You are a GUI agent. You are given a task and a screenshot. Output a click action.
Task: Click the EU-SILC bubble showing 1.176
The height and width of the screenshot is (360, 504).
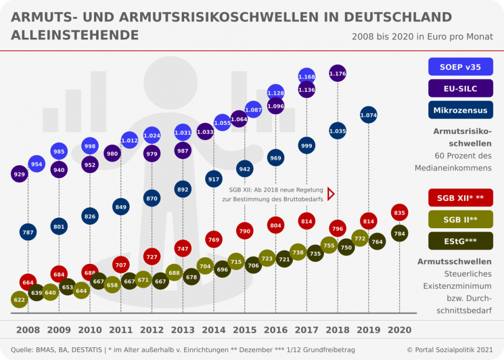[x=338, y=73]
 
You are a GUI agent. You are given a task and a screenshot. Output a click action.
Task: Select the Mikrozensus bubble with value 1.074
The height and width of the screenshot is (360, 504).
[x=369, y=115]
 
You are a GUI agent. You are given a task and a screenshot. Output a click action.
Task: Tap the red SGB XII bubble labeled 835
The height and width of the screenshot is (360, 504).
[x=400, y=213]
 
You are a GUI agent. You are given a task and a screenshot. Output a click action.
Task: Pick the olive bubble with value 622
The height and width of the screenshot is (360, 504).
[x=19, y=300]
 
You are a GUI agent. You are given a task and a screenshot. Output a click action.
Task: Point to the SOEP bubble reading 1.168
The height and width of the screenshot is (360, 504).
[x=307, y=77]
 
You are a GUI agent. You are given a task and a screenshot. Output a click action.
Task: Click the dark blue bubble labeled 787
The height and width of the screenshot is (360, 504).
[x=28, y=231]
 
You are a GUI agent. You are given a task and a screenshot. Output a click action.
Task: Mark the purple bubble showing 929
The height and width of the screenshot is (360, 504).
[x=19, y=174]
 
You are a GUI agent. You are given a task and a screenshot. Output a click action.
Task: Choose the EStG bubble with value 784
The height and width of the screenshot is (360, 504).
[x=400, y=234]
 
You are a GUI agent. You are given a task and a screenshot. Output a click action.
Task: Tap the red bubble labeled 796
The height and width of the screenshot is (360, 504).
[x=338, y=229]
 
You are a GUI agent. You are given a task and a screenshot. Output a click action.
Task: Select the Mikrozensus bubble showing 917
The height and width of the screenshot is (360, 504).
[x=214, y=179]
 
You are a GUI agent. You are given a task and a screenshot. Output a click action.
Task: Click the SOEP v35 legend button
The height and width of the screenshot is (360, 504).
[x=460, y=67]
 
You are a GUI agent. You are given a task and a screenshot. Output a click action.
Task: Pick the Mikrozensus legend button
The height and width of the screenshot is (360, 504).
[x=460, y=110]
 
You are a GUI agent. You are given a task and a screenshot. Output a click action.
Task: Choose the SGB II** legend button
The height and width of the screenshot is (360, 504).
[x=460, y=219]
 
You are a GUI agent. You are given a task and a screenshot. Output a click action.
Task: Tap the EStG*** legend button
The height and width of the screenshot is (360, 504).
[x=460, y=241]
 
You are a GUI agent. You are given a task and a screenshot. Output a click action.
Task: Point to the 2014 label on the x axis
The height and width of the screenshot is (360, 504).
[x=214, y=330]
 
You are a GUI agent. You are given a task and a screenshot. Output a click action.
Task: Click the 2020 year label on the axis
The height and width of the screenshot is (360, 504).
[x=400, y=330]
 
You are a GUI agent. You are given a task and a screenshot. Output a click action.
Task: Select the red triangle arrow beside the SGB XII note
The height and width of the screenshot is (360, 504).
[x=331, y=194]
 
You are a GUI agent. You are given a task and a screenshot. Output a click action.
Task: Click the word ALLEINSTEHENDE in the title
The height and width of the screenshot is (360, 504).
[x=75, y=35]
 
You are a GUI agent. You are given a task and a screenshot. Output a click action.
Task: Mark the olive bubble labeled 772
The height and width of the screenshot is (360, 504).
[x=360, y=238]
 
